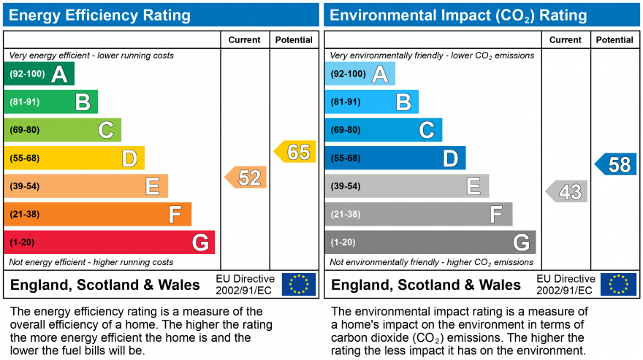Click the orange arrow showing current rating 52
[246, 177]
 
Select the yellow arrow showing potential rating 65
[295, 152]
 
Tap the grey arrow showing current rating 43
[567, 192]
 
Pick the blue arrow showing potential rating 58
[616, 164]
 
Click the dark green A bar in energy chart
[39, 74]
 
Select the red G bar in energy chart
[109, 242]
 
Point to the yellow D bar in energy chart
[74, 158]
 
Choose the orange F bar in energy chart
[97, 214]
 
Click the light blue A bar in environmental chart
[359, 74]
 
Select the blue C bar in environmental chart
[383, 130]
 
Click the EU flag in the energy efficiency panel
[299, 284]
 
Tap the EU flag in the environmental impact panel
[618, 284]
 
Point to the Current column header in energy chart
[245, 40]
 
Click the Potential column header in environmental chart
[615, 40]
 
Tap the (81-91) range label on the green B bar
[25, 102]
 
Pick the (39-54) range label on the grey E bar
[346, 186]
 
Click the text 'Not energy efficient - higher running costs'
[91, 262]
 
